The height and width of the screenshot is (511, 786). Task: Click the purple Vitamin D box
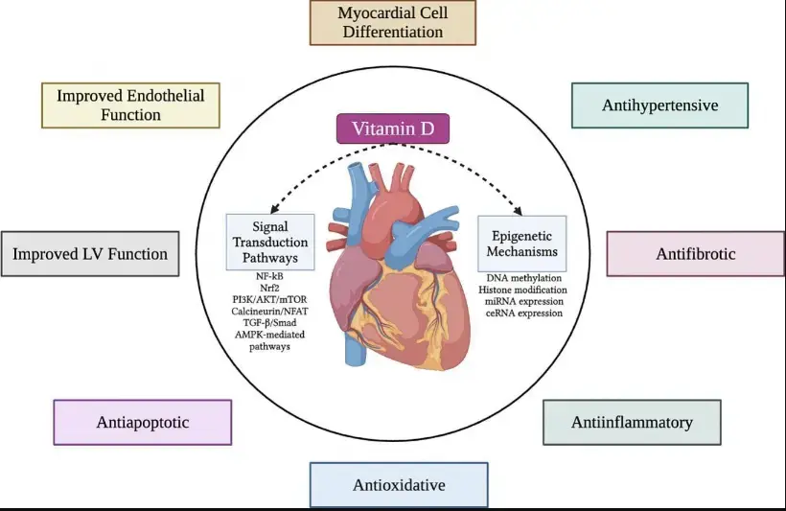click(392, 128)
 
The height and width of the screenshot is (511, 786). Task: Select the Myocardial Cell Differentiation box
click(392, 22)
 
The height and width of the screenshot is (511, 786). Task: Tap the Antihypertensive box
click(659, 105)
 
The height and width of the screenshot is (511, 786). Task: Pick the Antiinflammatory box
click(632, 422)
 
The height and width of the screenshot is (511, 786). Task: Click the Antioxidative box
click(399, 485)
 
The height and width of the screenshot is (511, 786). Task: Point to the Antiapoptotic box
click(143, 422)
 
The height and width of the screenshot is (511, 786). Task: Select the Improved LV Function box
click(90, 254)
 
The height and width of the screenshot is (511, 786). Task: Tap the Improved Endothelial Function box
click(129, 105)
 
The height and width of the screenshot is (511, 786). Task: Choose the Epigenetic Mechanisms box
click(521, 243)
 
